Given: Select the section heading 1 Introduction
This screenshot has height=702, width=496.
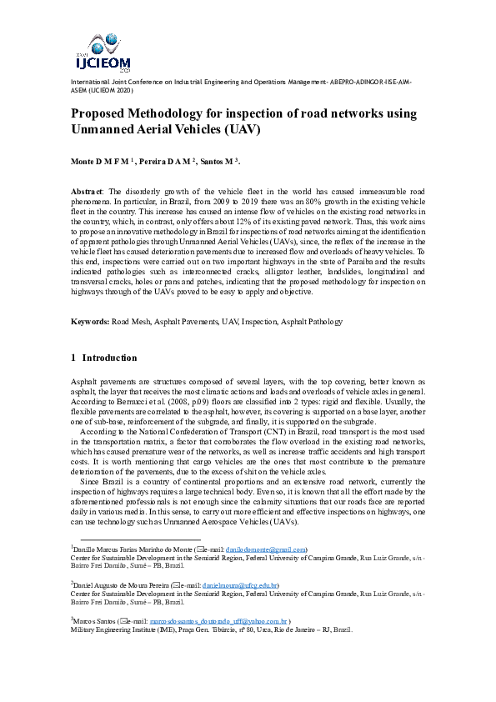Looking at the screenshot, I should click(x=104, y=358).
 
